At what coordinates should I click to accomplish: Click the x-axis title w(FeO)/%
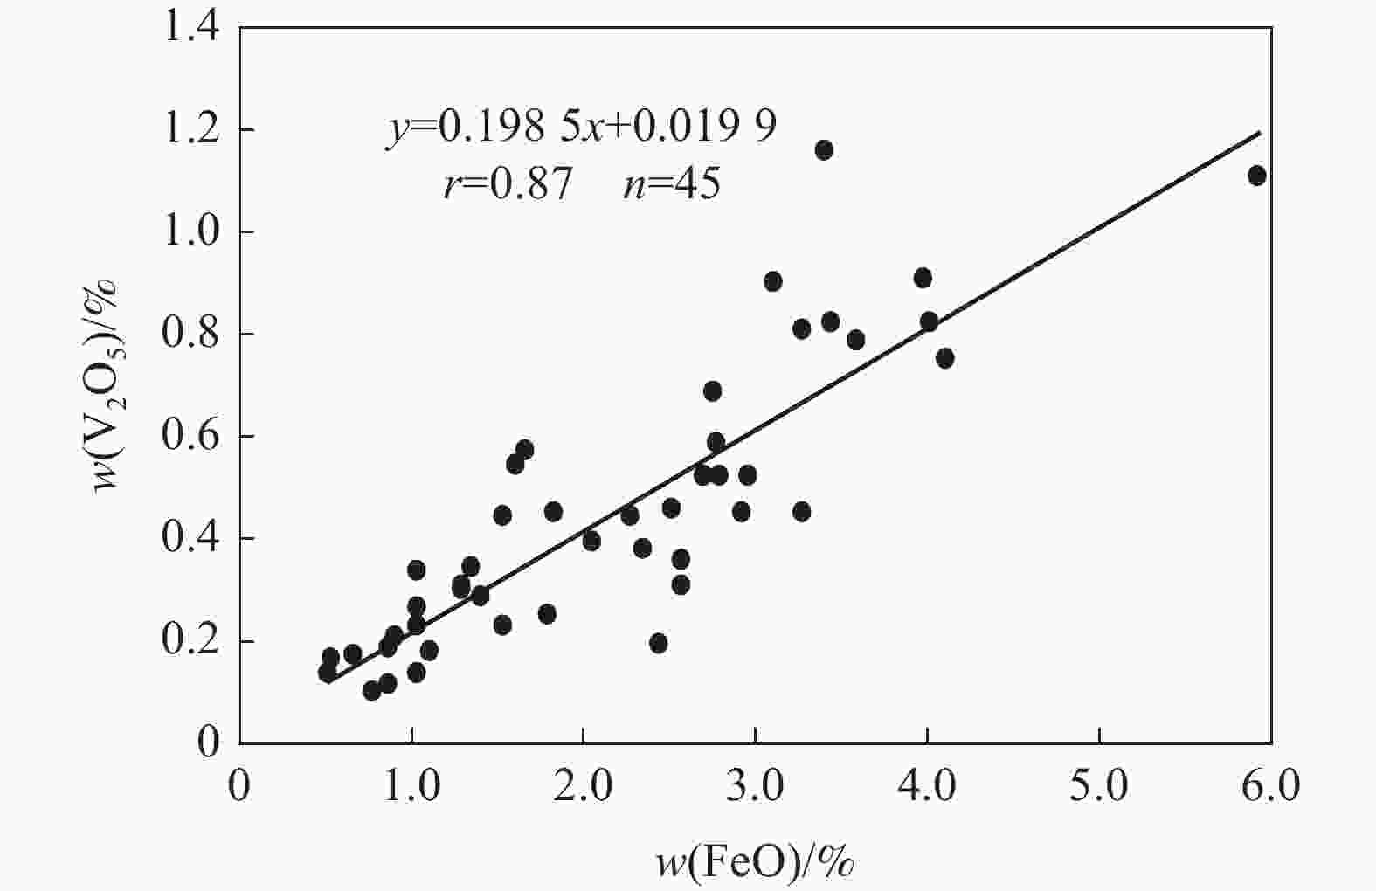[x=755, y=862]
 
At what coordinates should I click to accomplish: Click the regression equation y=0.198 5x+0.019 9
[x=581, y=128]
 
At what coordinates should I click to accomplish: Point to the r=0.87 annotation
[x=508, y=184]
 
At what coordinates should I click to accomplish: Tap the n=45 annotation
[x=671, y=184]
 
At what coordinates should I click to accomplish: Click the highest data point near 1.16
[x=823, y=150]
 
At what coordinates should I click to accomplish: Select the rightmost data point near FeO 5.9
[x=1256, y=176]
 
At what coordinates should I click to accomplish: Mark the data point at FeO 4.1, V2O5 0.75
[x=944, y=358]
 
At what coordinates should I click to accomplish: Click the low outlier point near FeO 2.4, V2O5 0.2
[x=659, y=644]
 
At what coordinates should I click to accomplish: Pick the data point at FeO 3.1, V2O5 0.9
[x=772, y=281]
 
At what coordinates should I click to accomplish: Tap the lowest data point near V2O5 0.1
[x=371, y=691]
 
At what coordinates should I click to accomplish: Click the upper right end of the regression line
[x=1260, y=133]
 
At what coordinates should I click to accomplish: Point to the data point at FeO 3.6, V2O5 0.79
[x=855, y=340]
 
